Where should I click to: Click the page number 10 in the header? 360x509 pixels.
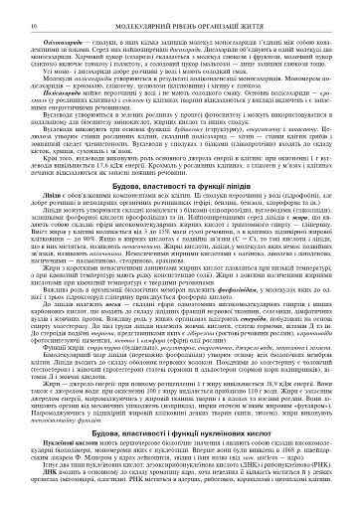pyautogui.click(x=10, y=11)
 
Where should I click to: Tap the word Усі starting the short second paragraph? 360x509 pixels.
pyautogui.click(x=23, y=69)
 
